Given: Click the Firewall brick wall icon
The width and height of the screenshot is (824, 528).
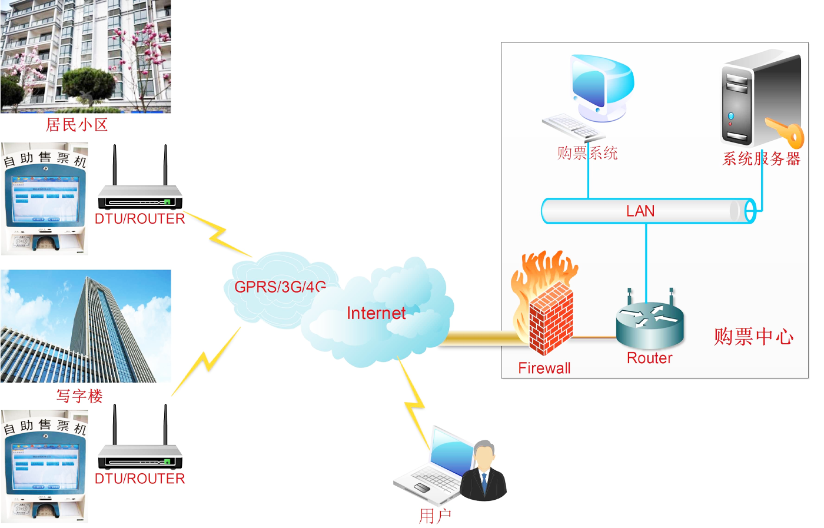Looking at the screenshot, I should pos(550,318).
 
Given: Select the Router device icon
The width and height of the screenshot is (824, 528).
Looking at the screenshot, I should pos(650,324).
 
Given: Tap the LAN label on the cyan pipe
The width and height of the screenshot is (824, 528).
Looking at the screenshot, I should pos(640,211).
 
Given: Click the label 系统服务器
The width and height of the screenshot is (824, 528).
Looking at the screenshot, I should pos(762,159).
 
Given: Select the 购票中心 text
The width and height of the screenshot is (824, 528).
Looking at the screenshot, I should pos(753,337).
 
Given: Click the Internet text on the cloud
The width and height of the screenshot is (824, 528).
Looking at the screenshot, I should pos(376,313).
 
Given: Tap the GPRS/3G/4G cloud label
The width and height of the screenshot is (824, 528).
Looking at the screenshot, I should pos(280,287).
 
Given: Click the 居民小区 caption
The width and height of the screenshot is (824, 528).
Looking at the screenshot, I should pos(77,125).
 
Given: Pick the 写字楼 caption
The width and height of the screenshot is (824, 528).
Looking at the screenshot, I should pos(79,396).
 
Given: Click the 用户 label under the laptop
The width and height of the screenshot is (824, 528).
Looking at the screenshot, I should pos(435,516).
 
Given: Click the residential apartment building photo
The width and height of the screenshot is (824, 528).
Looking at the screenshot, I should pos(86,57).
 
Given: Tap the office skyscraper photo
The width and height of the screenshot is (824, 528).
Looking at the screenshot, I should pos(86,326).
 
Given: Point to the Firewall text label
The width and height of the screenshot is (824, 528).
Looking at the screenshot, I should pos(544,368).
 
